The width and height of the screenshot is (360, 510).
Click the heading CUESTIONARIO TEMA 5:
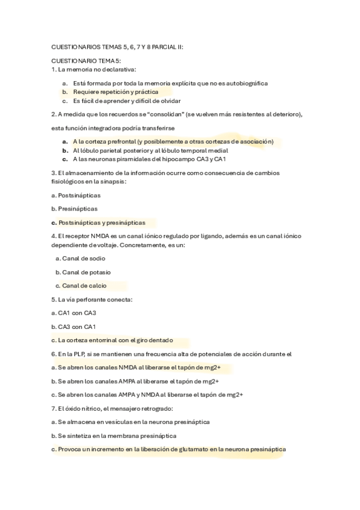point(86,61)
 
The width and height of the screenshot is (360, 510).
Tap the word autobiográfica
point(245,83)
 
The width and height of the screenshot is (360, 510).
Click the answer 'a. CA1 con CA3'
point(74,313)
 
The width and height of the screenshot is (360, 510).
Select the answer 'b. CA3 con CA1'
point(74,327)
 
